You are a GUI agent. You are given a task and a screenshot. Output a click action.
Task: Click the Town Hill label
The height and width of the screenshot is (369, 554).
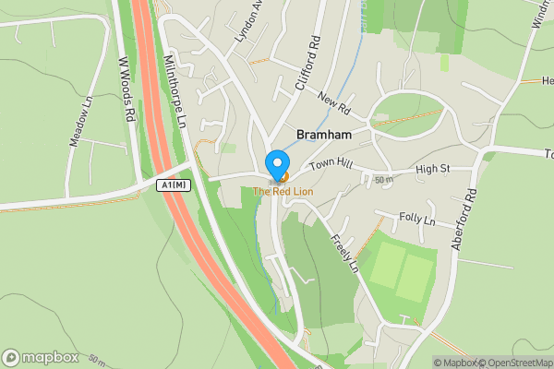(x=331, y=164)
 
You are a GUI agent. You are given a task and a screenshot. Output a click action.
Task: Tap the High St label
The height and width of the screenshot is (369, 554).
(x=432, y=169)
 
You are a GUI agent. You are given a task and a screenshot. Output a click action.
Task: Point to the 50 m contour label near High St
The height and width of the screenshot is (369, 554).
(x=383, y=179)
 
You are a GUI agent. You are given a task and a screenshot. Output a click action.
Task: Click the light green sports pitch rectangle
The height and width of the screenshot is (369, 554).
(x=403, y=274)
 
